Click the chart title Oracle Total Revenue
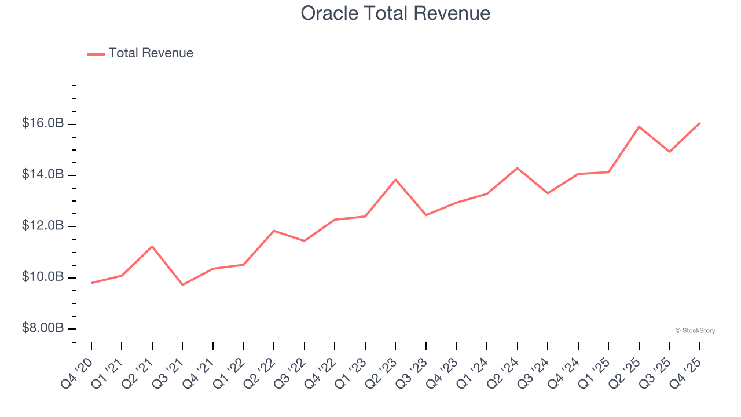click(x=395, y=13)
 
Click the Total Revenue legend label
click(x=151, y=53)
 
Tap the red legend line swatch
click(x=96, y=54)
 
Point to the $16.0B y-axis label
click(x=43, y=123)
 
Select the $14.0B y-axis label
click(x=43, y=174)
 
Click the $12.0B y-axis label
click(x=43, y=225)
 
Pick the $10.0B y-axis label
click(x=43, y=277)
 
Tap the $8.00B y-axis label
click(x=43, y=328)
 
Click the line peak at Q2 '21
click(x=152, y=247)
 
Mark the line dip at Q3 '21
click(x=182, y=284)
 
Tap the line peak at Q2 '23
click(x=395, y=180)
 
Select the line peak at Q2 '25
click(x=639, y=127)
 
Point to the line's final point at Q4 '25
click(x=699, y=123)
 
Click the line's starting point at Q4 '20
click(x=91, y=283)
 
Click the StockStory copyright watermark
click(x=695, y=331)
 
